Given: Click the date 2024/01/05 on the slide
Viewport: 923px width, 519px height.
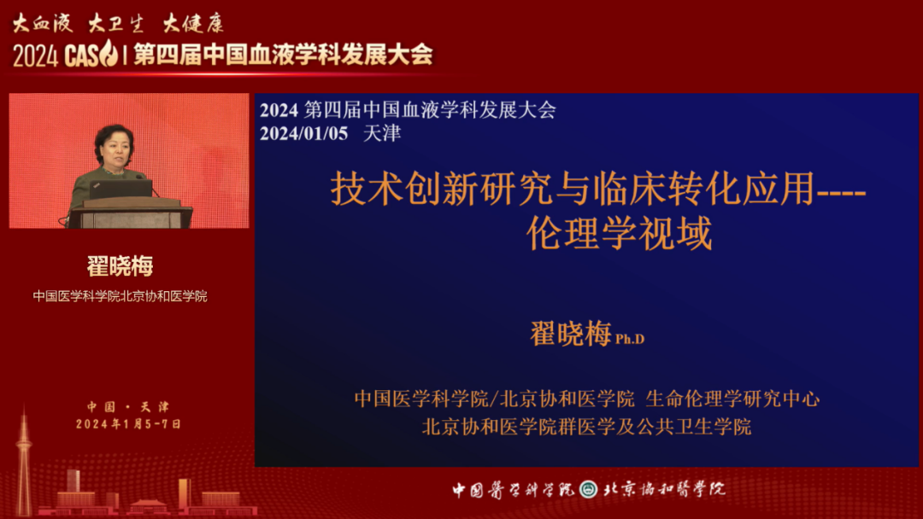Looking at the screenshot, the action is [303, 133].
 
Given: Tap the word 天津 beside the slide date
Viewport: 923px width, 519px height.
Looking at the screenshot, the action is [382, 133].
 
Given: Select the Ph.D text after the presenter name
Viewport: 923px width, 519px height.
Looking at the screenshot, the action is [630, 339].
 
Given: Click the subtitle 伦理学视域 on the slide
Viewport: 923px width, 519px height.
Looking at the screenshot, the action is [620, 233].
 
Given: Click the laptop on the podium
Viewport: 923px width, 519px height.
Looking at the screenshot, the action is [121, 190].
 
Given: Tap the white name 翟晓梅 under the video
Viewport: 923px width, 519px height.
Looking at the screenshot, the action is [121, 266].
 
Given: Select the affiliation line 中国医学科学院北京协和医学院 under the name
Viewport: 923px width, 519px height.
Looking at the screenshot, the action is [121, 296].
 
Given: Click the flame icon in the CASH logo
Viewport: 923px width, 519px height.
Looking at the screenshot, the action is [109, 53].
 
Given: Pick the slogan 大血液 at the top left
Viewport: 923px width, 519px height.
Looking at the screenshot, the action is [43, 24].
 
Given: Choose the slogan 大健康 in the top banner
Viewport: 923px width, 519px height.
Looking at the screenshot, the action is [193, 24].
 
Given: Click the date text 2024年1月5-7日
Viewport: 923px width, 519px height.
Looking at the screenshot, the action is [128, 424].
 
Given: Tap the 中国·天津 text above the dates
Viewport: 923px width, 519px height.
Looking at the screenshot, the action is [128, 406].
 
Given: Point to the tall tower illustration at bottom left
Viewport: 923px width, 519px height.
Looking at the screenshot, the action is [24, 464].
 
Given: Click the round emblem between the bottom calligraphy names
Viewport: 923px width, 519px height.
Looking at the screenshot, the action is [589, 489].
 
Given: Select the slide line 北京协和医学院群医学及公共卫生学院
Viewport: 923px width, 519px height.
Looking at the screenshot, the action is [586, 427].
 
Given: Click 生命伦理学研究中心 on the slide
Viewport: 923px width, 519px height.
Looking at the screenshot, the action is [733, 399].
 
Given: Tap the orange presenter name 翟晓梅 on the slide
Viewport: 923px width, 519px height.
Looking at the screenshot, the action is [571, 334].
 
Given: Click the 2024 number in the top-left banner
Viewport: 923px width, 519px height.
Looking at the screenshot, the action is [35, 56].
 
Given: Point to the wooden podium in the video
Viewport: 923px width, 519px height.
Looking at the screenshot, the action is [131, 213].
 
